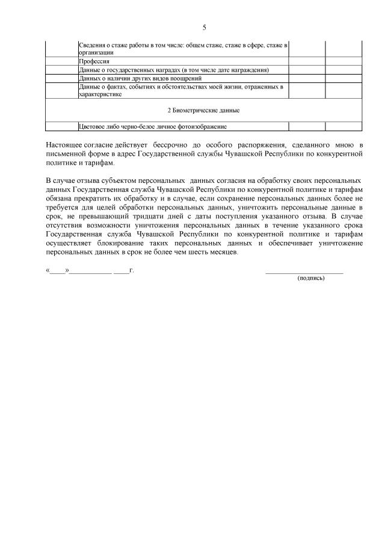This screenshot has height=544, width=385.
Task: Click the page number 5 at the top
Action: tap(204, 28)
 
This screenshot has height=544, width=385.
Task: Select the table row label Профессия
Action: tap(91, 61)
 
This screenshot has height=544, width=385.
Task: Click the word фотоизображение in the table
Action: tap(202, 126)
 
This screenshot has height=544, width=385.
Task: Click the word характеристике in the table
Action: tap(100, 94)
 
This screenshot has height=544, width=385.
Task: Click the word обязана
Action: tap(60, 197)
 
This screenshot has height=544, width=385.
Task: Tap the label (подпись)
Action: tap(311, 279)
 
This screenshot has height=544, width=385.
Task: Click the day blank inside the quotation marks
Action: tap(58, 271)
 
